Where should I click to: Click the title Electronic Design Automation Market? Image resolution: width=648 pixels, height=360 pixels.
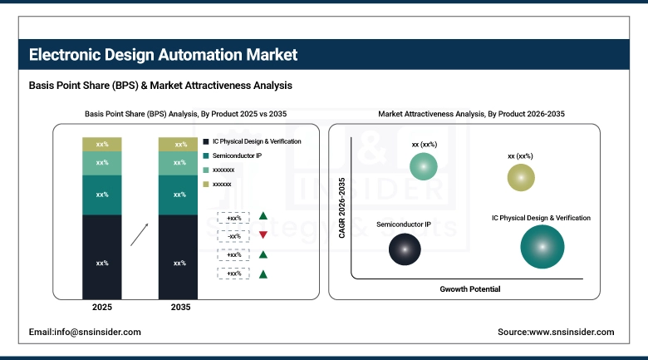click(x=163, y=55)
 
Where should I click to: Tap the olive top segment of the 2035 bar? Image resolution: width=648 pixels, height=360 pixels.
click(x=179, y=145)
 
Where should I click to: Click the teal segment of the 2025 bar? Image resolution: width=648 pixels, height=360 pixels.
click(x=102, y=195)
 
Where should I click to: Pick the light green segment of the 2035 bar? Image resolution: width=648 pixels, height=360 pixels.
click(x=179, y=163)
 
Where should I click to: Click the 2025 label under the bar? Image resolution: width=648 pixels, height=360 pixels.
click(x=102, y=308)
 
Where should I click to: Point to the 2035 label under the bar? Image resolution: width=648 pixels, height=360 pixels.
click(x=179, y=308)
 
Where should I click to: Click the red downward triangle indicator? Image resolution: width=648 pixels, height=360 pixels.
click(x=263, y=236)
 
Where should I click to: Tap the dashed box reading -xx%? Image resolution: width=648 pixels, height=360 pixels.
click(x=233, y=236)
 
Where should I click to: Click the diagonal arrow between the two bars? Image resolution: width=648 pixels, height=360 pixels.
click(x=140, y=234)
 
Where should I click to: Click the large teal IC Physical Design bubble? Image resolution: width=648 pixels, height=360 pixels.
click(x=542, y=247)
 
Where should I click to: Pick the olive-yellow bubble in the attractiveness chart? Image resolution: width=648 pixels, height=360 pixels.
click(x=521, y=177)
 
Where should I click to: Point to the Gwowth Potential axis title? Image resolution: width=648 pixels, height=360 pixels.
click(x=469, y=288)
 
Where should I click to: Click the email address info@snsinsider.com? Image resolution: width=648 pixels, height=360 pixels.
click(x=85, y=332)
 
